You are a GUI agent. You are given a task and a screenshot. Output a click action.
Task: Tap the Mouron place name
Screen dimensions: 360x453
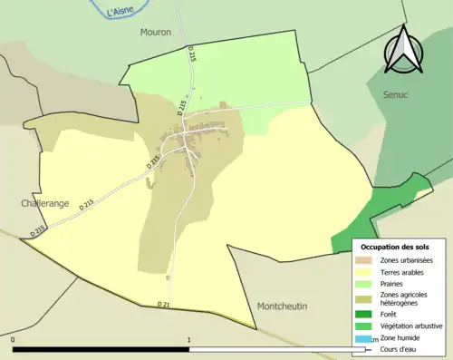pos(155,32)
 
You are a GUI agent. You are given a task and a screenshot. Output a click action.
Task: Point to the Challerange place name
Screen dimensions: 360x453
pos(44,204)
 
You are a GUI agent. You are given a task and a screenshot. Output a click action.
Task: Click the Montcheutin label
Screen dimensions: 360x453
pos(282,306)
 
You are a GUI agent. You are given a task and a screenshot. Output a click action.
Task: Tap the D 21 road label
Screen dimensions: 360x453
pos(163,303)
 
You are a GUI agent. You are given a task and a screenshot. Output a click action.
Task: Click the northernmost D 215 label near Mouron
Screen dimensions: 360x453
pos(192,54)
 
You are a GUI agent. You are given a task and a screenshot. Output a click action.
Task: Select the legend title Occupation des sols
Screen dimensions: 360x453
pos(394,247)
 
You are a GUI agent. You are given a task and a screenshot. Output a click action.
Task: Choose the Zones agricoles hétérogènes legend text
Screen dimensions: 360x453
pos(405,298)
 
